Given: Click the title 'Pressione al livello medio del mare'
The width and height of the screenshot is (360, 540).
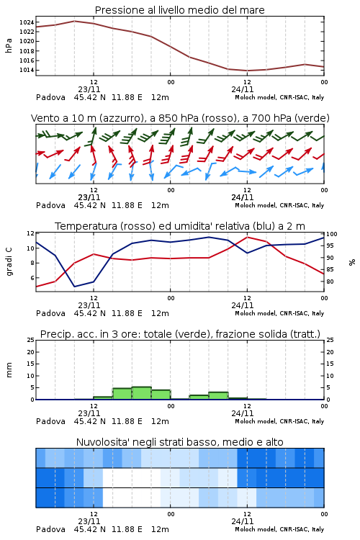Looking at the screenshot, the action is (x=180, y=10).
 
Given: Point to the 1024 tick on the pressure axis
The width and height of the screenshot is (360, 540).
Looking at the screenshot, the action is (x=27, y=22).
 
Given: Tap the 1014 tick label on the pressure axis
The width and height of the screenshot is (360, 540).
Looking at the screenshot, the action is (x=27, y=70).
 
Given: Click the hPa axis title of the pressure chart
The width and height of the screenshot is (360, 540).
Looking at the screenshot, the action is (x=9, y=45).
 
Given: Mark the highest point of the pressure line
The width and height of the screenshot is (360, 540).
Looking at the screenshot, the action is (x=75, y=21).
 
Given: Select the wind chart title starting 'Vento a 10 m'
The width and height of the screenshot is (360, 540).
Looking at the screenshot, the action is (x=180, y=118).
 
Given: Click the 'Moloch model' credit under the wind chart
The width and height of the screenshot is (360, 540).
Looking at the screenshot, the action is (x=279, y=205).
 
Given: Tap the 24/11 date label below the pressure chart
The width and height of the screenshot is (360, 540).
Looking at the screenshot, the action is (x=243, y=89).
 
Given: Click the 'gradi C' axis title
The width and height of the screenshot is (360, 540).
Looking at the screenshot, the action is (x=9, y=262).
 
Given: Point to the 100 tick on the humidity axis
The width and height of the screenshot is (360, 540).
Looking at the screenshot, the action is (x=332, y=234).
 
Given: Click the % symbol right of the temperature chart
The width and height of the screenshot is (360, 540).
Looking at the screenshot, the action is (x=352, y=262).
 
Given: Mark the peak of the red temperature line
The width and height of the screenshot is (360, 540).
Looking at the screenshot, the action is (x=247, y=237).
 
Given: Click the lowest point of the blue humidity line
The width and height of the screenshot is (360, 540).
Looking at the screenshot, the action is (x=74, y=287).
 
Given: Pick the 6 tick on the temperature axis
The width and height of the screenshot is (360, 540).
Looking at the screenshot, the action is (x=32, y=278).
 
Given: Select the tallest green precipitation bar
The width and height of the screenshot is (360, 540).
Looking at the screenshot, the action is (x=142, y=393).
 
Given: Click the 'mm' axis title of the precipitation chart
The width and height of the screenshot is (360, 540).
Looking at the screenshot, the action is (x=9, y=370).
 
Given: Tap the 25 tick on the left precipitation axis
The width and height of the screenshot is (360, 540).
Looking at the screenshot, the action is (x=31, y=340).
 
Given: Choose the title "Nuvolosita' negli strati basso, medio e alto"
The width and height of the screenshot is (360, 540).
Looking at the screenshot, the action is (x=180, y=442).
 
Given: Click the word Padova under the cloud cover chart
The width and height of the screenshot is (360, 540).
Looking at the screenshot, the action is (x=50, y=529).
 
